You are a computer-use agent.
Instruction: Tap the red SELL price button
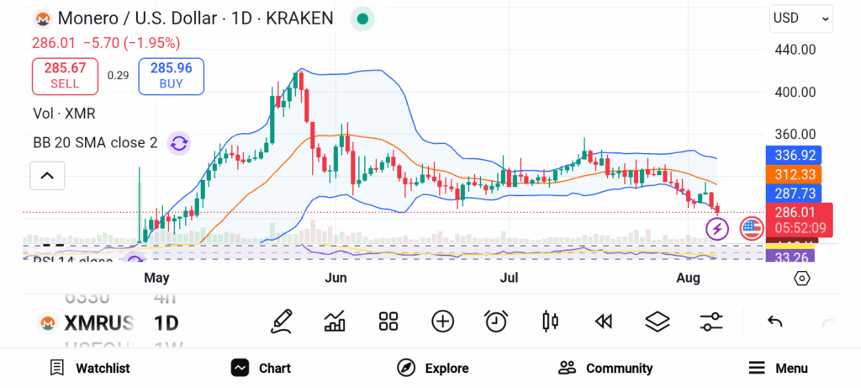(x=65, y=76)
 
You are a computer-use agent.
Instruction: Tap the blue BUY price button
(x=171, y=76)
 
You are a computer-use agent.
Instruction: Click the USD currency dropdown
(x=800, y=19)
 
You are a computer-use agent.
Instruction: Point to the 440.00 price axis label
(x=795, y=50)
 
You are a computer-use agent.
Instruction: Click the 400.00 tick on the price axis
(x=795, y=92)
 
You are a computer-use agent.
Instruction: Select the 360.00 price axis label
(x=795, y=134)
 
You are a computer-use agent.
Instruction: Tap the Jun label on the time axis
(x=336, y=277)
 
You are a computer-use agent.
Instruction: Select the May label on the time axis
(x=156, y=277)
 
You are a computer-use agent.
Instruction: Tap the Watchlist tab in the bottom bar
(x=89, y=368)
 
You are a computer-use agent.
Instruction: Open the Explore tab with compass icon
(x=433, y=368)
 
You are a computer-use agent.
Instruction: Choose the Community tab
(x=605, y=368)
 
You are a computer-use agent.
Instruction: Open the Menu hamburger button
(x=778, y=368)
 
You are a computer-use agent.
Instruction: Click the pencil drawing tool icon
(x=282, y=321)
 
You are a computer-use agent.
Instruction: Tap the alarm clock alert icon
(x=496, y=321)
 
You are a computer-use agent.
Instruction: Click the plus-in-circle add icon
(x=442, y=321)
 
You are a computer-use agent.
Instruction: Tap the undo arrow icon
(x=774, y=321)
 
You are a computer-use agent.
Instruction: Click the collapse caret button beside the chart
(x=47, y=176)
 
